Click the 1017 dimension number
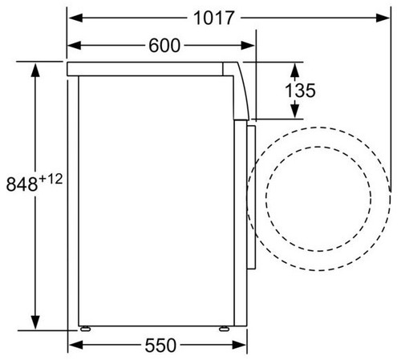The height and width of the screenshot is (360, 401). coord(213,18)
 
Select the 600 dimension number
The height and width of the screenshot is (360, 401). coord(164,46)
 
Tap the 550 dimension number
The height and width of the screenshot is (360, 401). coord(160,346)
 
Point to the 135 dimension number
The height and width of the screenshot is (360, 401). coord(301,91)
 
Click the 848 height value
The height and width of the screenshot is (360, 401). coord(22,184)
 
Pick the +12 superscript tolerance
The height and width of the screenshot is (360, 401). coord(51,179)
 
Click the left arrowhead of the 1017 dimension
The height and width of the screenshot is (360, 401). coord(75,18)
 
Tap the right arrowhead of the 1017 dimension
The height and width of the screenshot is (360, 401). coord(383,18)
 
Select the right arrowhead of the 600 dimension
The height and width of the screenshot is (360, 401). coord(247,46)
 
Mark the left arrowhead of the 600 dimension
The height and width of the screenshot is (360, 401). coord(75,46)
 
